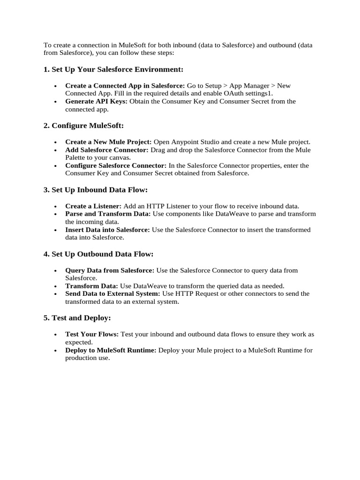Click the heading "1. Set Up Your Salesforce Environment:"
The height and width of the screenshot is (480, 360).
click(x=113, y=69)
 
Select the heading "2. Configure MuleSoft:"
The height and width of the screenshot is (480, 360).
click(x=83, y=126)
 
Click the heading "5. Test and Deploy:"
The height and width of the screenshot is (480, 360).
click(x=77, y=318)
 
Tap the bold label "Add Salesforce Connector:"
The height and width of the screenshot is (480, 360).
click(x=107, y=150)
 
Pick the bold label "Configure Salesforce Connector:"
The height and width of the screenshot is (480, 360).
click(x=116, y=165)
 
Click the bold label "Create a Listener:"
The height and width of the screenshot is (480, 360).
click(x=93, y=206)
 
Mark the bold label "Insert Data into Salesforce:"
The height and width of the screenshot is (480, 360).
click(x=107, y=230)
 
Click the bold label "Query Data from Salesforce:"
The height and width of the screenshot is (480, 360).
click(x=110, y=270)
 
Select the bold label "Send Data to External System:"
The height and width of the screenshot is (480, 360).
click(x=112, y=293)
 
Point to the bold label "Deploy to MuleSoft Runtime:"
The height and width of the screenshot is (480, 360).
click(x=111, y=350)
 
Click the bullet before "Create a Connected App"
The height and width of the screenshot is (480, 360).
click(x=56, y=86)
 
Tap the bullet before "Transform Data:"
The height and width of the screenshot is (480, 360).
click(x=56, y=286)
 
